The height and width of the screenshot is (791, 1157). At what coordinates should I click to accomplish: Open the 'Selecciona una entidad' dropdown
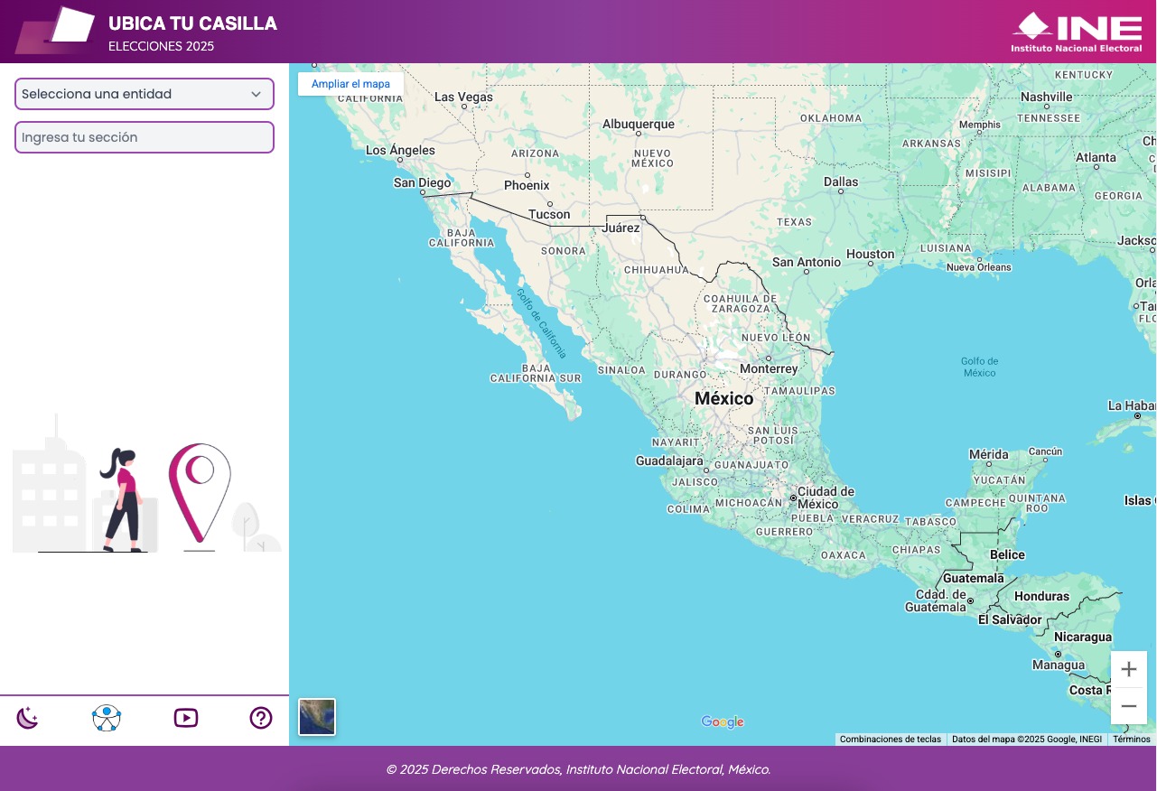[145, 94]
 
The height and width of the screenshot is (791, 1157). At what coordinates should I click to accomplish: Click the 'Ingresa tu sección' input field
[145, 137]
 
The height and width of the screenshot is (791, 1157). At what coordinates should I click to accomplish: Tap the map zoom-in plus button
[1128, 669]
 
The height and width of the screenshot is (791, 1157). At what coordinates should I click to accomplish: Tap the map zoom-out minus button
[1128, 706]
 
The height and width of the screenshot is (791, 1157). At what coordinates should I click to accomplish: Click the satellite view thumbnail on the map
[317, 717]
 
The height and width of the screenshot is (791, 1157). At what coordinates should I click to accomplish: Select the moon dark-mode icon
[28, 718]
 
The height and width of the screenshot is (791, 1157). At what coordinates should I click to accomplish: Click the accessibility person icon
[107, 718]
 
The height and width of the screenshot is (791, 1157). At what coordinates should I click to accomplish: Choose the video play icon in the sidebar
[186, 718]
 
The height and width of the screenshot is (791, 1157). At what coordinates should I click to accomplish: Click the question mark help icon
[261, 718]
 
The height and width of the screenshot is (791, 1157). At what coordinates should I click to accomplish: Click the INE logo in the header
[1077, 32]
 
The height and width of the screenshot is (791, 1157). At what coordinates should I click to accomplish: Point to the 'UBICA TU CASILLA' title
[192, 23]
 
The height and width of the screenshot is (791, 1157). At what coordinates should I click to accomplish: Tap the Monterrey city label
[769, 368]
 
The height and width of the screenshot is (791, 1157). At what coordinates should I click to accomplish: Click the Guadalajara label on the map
[669, 461]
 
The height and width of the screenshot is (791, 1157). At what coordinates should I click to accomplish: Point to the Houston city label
[871, 255]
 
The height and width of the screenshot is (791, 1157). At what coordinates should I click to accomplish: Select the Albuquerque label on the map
[639, 125]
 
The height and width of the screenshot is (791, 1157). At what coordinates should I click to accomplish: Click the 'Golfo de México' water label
[979, 367]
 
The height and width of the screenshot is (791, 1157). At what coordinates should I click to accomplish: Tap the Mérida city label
[988, 454]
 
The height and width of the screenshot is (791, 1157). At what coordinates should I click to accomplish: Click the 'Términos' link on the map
[1131, 739]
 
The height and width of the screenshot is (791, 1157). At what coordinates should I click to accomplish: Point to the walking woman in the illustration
[122, 499]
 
